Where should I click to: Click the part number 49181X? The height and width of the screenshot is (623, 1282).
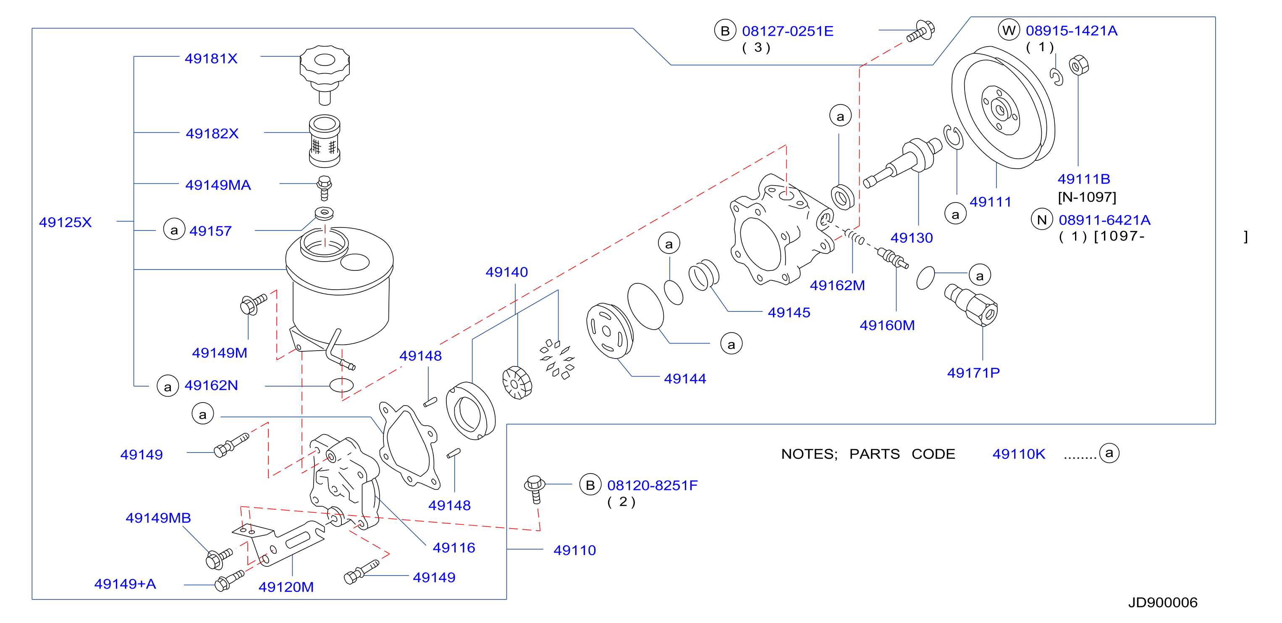point(211,59)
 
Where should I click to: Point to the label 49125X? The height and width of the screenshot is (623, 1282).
point(65,222)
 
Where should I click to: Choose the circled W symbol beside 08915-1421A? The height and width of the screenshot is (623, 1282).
point(1009,30)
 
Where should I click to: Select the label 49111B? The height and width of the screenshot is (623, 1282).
point(1083,179)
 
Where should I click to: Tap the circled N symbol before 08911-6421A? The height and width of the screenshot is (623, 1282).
point(1042,220)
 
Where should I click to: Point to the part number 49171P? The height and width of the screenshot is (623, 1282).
point(973,373)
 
